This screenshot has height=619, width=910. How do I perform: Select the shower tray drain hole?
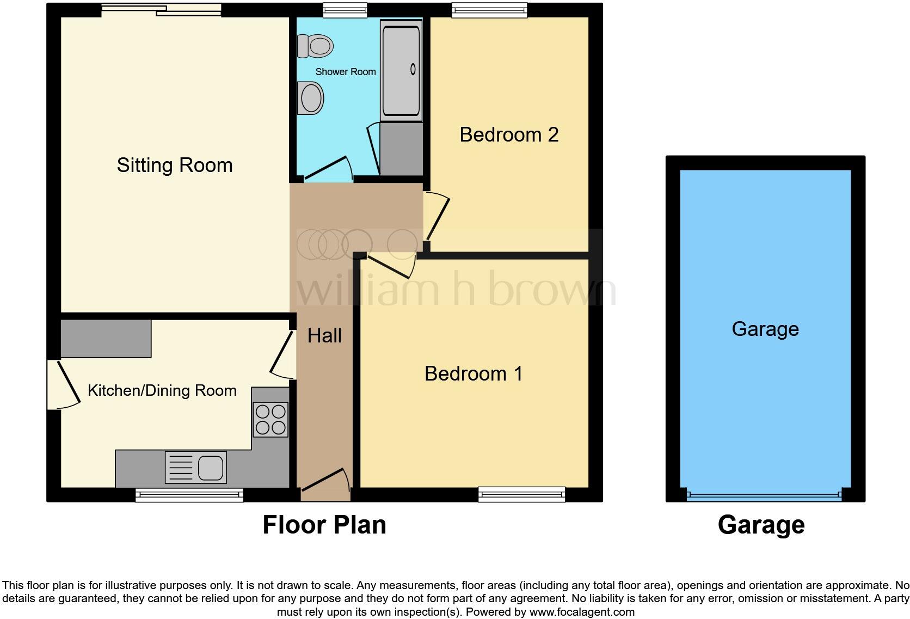point(413,69)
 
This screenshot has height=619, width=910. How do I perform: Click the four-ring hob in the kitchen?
point(270,420)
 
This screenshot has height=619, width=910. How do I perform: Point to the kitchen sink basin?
point(211,467)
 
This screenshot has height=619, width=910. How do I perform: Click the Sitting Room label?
point(175,165)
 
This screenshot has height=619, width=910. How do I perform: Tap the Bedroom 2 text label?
point(509,134)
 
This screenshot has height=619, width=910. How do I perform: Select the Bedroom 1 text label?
point(474,373)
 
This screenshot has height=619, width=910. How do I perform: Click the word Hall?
point(324,336)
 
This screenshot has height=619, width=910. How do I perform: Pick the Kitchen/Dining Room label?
point(162,390)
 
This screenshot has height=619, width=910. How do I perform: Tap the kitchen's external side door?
point(64,384)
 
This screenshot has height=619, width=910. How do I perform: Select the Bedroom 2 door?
point(437,216)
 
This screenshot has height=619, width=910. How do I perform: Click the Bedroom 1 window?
point(521,494)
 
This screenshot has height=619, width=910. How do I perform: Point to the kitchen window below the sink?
point(189,494)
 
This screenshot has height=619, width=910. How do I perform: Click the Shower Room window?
point(345,10)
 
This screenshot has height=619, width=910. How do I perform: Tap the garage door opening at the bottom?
point(764,495)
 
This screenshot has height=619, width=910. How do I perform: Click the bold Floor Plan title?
point(324,525)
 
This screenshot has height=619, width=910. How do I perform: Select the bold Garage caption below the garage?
point(761,525)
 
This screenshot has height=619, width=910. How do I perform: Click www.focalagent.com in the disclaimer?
point(582,612)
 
